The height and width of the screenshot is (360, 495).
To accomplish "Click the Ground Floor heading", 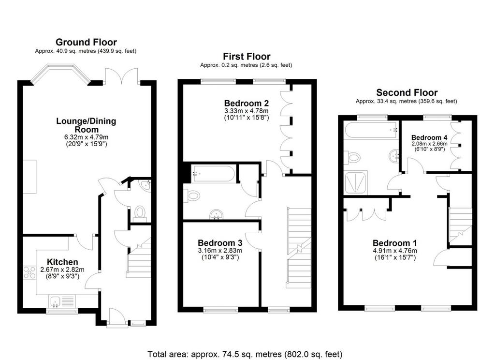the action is [86, 42].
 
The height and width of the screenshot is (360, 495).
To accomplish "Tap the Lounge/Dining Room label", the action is [86, 125].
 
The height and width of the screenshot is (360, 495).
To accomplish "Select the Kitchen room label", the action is [62, 262].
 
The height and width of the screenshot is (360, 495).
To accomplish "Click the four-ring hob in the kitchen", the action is [29, 273].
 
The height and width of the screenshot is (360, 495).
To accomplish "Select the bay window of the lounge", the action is [60, 75].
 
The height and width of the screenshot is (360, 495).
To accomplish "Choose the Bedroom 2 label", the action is [247, 103].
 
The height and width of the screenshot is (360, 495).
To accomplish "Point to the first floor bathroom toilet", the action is [192, 195].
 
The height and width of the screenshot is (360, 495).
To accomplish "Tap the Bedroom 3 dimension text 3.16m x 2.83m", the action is [220, 251].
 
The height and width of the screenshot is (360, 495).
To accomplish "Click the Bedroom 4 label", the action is [429, 137].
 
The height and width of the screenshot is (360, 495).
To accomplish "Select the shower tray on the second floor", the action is [356, 182].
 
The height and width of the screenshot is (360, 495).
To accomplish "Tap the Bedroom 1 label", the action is [394, 243].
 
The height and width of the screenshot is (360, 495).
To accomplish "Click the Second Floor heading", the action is [407, 92].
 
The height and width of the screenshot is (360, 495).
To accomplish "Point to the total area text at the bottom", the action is [245, 354].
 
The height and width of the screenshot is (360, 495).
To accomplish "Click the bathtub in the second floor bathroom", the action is [371, 130].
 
